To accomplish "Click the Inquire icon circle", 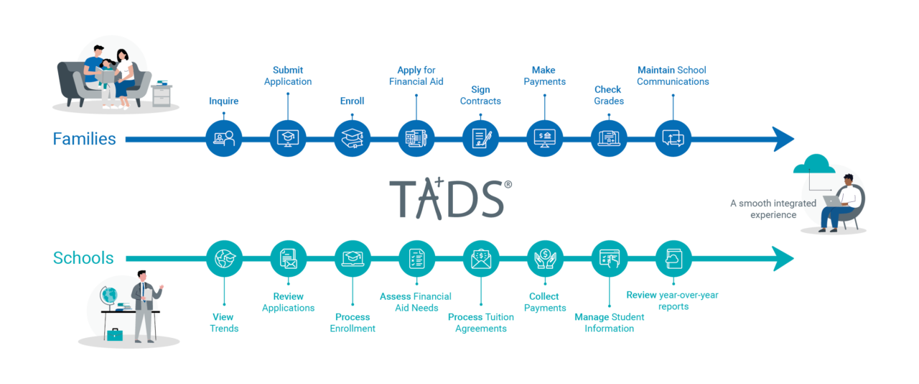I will [x=224, y=139].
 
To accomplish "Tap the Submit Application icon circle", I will [x=288, y=139].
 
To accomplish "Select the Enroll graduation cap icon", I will [x=353, y=139].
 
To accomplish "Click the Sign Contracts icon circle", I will [x=480, y=139].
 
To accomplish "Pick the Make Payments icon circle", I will [x=545, y=139].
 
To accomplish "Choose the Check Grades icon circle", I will [x=609, y=139].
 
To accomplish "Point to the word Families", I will [x=84, y=139].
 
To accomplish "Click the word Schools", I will [x=83, y=258].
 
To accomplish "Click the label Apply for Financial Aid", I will [x=416, y=76].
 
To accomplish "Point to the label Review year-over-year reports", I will [x=672, y=301].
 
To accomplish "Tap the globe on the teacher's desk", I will [x=110, y=296].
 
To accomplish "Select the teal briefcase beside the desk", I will [x=114, y=334].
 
